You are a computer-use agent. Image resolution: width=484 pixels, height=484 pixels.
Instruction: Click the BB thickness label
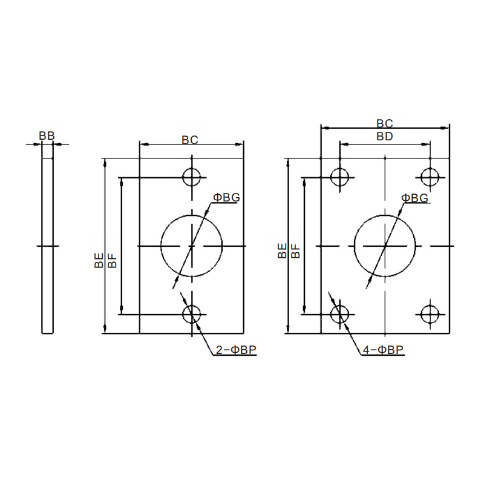(x=47, y=136)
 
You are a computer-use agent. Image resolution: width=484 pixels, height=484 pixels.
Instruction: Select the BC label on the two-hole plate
(x=189, y=140)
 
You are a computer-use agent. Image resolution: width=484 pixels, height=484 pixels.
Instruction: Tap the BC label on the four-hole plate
(x=385, y=123)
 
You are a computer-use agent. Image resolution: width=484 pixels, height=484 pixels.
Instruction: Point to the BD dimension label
(x=385, y=136)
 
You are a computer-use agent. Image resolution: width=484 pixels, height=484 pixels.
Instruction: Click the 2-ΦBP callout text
(x=236, y=350)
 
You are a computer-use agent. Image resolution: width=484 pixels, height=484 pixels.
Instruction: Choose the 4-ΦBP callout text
(x=383, y=350)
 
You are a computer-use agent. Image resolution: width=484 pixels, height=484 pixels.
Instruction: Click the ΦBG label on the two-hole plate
(x=226, y=198)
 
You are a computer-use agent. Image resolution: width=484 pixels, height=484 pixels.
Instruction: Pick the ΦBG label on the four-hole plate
(x=414, y=198)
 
